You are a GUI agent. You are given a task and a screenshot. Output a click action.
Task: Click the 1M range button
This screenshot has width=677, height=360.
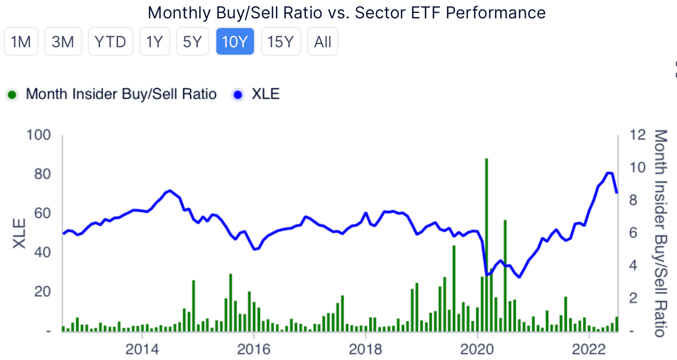(x=21, y=42)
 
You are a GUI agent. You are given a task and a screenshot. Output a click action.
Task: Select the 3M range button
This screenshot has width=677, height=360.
(x=63, y=42)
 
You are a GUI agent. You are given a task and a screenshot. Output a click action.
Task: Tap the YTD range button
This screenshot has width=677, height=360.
(x=110, y=42)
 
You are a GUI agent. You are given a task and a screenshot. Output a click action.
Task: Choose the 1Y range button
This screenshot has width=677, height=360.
(x=155, y=42)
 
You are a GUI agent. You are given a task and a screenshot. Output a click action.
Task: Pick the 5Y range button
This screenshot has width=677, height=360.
(x=192, y=42)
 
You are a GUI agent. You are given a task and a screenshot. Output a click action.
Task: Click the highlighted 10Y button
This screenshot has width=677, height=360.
(x=235, y=42)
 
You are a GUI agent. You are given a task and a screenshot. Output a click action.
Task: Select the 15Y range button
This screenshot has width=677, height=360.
(x=281, y=42)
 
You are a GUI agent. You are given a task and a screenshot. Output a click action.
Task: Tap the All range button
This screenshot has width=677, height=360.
(x=322, y=42)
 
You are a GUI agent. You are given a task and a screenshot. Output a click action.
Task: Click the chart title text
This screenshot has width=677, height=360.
(x=346, y=12)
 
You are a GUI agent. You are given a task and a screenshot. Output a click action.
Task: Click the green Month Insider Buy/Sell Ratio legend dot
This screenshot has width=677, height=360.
(x=12, y=95)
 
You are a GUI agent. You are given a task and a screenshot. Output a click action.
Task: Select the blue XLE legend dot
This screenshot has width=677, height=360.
(x=238, y=95)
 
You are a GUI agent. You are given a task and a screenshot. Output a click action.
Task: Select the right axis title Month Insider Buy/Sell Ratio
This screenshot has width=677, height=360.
(x=660, y=233)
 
